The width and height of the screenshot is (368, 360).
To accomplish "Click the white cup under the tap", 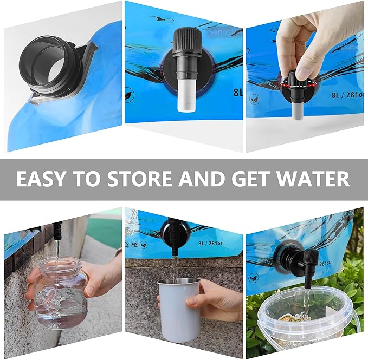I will (x=178, y=309).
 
